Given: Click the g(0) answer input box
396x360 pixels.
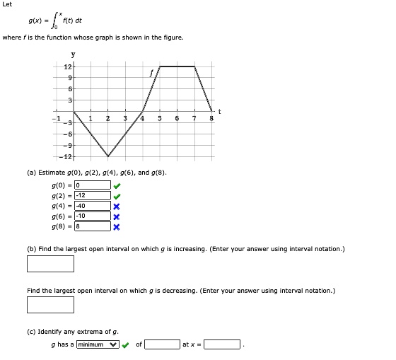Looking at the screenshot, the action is point(92,185).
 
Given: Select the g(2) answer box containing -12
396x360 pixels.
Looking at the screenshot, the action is point(92,195).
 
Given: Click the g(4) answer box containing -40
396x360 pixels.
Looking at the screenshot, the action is point(92,206).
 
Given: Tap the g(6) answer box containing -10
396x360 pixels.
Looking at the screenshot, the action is point(92,216).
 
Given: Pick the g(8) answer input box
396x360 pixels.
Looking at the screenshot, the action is point(92,226).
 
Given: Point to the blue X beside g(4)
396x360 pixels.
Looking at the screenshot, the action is point(117,206).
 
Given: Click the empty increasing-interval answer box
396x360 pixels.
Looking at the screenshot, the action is point(50,263).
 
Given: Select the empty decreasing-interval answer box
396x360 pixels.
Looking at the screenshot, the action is point(50,304).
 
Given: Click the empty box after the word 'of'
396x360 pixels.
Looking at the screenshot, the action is point(162,344).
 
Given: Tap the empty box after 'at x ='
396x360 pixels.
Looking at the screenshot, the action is point(223,344).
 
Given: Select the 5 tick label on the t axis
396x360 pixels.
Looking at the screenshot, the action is point(161,118).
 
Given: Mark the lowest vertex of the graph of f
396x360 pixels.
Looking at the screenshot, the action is point(107,156).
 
